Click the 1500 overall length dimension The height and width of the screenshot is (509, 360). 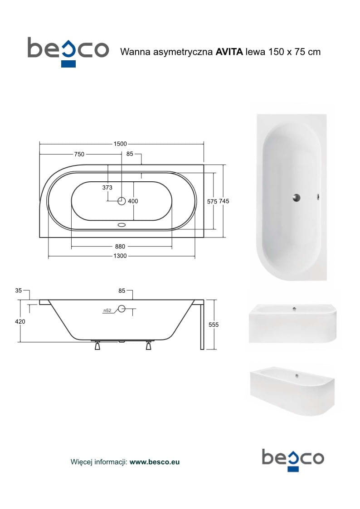coord(120,144)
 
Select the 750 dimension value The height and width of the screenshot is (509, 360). coord(79,154)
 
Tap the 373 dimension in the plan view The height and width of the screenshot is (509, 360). coord(107,187)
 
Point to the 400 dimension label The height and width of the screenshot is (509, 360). coord(133,201)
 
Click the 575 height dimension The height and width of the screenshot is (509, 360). coord(212,201)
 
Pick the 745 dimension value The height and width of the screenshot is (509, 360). coord(224,201)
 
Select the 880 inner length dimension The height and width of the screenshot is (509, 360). coord(120,247)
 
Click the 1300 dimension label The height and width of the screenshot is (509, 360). coord(120,256)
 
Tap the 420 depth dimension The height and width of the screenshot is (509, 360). coord(20,321)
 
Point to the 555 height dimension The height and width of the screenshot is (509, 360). coord(214,324)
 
